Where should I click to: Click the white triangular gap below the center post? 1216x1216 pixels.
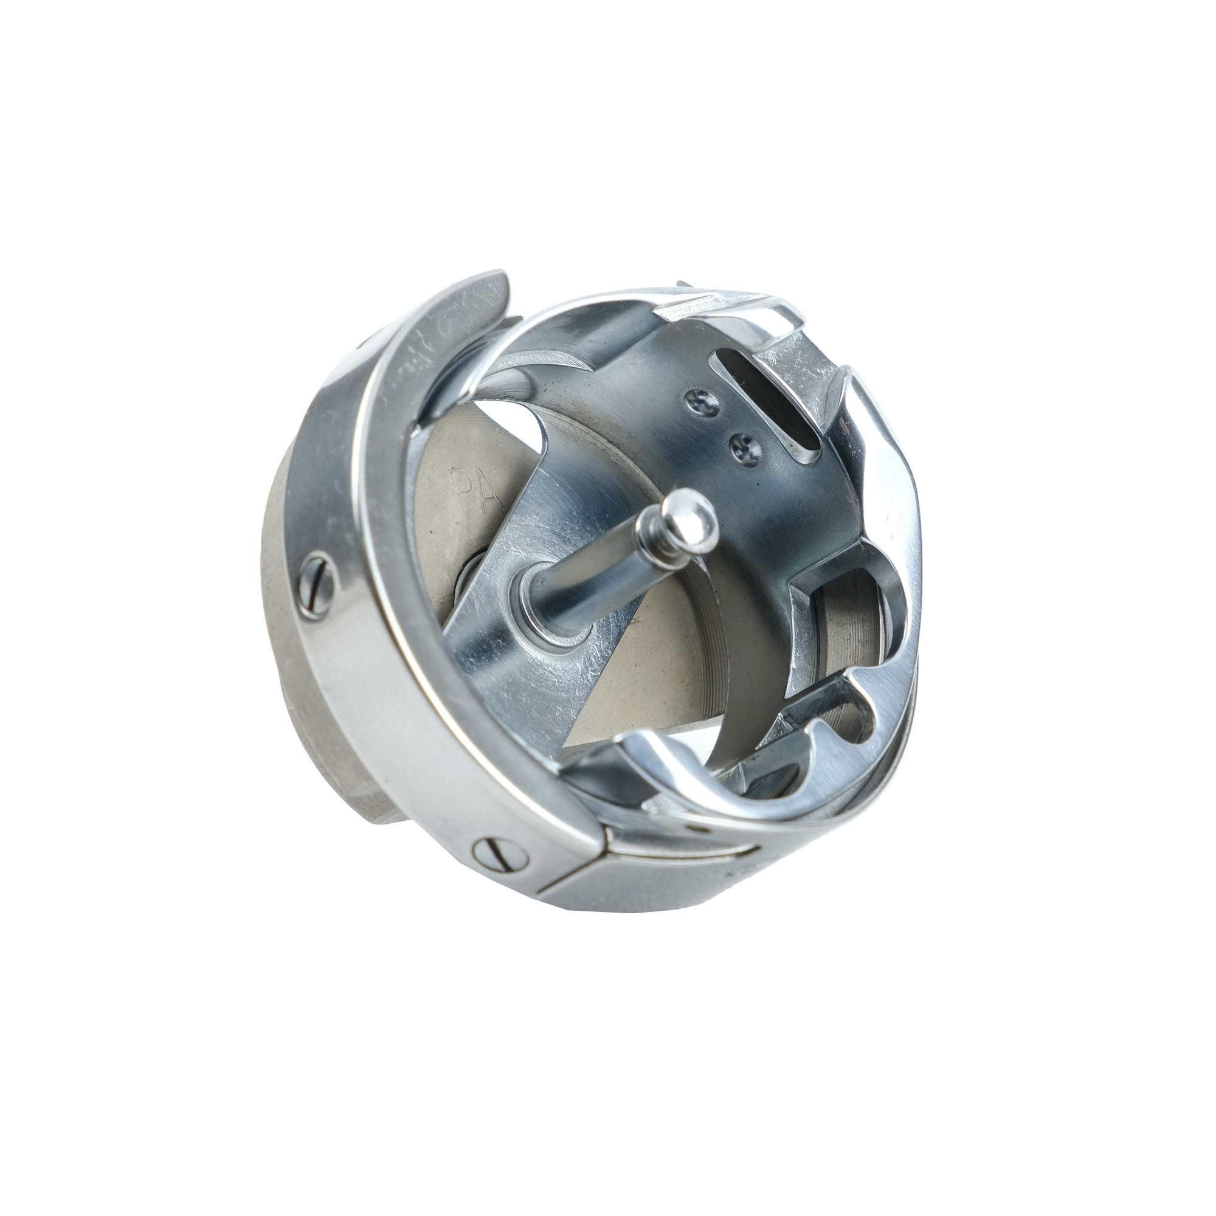tap(598, 711)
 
